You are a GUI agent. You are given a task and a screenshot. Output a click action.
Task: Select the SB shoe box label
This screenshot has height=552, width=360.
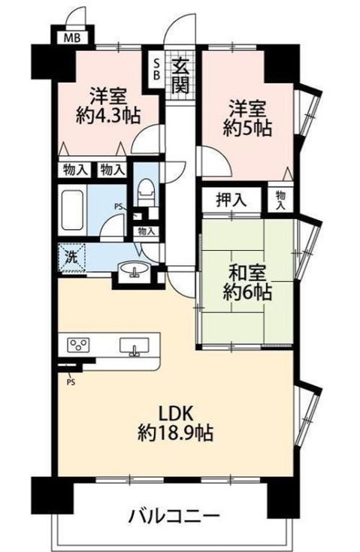pos(156,69)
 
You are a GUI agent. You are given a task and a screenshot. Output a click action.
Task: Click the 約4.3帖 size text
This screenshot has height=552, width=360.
pos(104,115)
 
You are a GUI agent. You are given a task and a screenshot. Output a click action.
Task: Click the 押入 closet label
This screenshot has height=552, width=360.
pos(230,201)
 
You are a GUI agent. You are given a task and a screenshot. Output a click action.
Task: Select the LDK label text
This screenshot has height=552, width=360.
pos(175,412)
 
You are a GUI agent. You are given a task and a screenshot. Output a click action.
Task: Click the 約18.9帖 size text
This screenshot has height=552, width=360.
pos(175,433)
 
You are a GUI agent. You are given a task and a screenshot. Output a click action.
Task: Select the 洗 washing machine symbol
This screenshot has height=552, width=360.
pos(70,256)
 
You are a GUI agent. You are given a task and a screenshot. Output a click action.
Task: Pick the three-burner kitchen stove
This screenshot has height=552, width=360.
pos(77,345)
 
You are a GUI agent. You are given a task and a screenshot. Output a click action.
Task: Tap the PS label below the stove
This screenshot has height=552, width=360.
pos(71,381)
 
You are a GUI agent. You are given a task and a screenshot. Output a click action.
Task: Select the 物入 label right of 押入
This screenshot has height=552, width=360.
pos(280,199)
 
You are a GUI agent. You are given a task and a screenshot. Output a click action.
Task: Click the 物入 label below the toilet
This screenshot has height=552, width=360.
pos(146,231)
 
